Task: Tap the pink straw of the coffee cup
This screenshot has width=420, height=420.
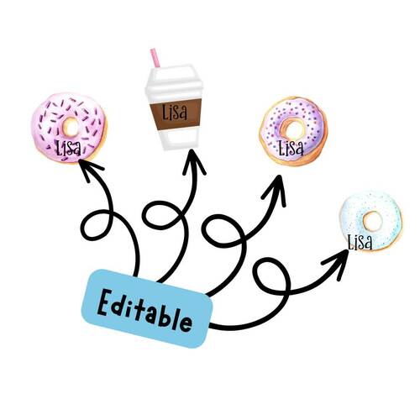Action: (x=155, y=58)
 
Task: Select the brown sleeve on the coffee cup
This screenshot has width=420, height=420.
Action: (x=176, y=114)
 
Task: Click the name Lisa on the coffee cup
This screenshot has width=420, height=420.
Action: (x=175, y=112)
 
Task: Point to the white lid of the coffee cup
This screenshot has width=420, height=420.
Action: (x=174, y=81)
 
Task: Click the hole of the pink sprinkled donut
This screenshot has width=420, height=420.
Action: (x=71, y=127)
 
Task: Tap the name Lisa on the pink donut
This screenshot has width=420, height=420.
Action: (x=69, y=148)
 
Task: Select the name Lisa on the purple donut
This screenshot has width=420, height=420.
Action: (x=291, y=147)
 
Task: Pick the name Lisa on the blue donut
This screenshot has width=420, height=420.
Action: (x=360, y=242)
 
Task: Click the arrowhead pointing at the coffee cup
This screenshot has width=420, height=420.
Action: (x=193, y=162)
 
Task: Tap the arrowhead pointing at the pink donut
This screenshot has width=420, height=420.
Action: (x=89, y=170)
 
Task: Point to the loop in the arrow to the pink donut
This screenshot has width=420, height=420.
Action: (x=97, y=225)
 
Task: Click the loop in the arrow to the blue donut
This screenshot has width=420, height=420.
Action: (x=271, y=276)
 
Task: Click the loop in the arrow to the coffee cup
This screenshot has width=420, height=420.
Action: (x=163, y=216)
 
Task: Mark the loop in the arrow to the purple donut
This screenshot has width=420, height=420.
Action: (x=223, y=229)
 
